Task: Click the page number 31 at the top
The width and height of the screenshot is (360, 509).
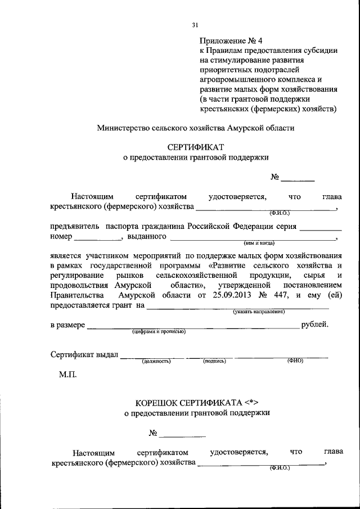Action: pyautogui.click(x=196, y=25)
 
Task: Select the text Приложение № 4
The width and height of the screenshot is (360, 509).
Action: pyautogui.click(x=231, y=41)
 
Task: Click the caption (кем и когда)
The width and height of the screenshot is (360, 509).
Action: pyautogui.click(x=259, y=244)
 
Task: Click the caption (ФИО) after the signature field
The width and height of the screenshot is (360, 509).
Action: pyautogui.click(x=295, y=361)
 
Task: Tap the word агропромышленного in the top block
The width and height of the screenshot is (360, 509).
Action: pyautogui.click(x=235, y=79)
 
